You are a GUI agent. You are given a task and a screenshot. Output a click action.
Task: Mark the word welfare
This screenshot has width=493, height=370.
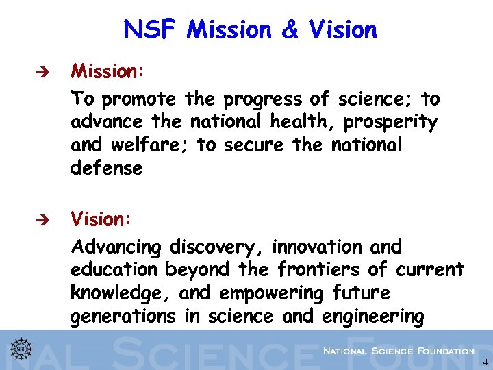click(142, 146)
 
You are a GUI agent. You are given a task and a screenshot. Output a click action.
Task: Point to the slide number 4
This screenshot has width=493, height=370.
click(485, 362)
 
